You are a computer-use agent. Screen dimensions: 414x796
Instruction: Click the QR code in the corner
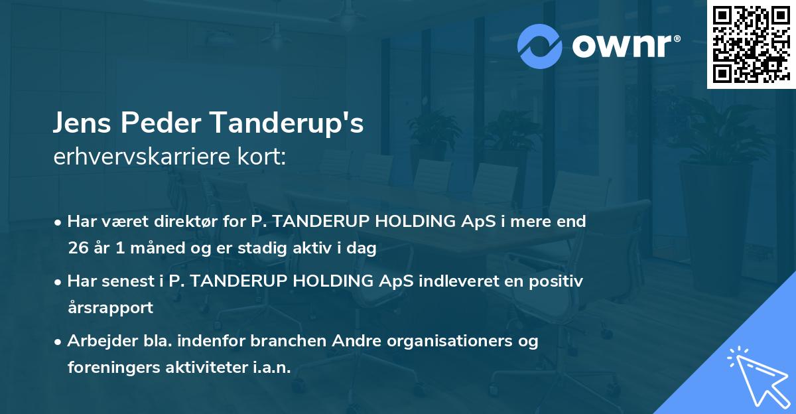[751, 44]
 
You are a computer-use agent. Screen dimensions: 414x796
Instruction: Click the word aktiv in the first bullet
[323, 248]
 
